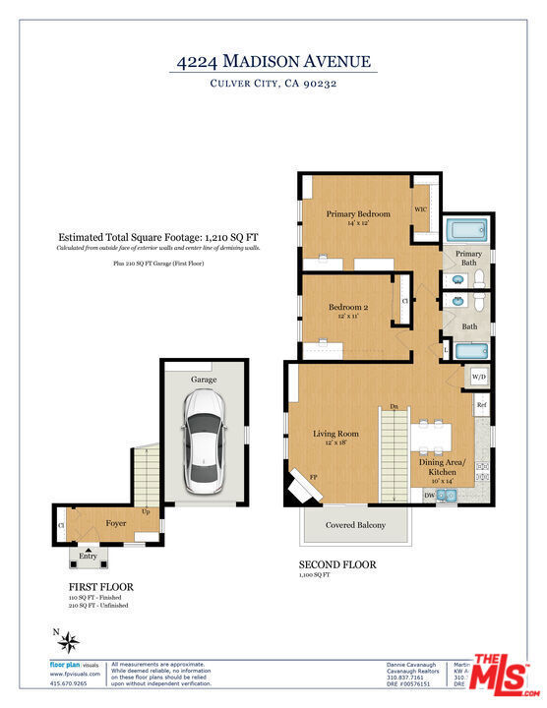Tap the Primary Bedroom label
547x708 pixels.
[358, 213]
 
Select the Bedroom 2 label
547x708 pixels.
[347, 308]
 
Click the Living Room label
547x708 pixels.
[335, 433]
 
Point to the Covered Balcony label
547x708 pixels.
[355, 525]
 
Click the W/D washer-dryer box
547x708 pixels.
[479, 377]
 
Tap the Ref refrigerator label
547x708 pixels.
[482, 405]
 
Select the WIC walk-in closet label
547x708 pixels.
[421, 209]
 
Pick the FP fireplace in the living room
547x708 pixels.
[300, 482]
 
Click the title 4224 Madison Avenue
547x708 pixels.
[273, 62]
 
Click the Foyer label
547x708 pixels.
[117, 523]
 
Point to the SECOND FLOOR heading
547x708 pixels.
[336, 564]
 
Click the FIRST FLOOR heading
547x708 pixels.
[101, 587]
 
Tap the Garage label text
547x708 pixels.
[204, 379]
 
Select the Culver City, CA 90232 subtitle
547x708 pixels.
[273, 85]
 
